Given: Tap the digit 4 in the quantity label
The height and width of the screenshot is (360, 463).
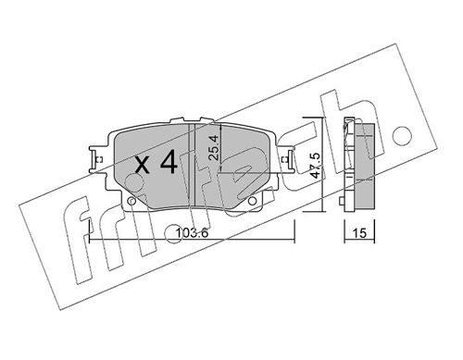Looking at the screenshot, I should [x=168, y=164].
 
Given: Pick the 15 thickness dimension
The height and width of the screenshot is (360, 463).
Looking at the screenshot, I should [x=355, y=234].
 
